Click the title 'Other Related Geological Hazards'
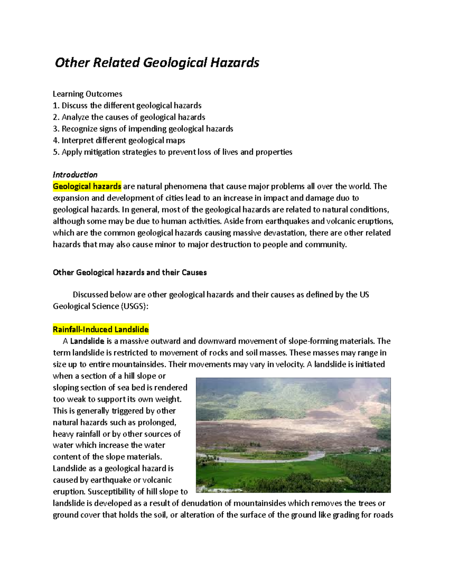click(157, 62)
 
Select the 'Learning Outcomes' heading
click(88, 94)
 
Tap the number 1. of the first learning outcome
click(56, 106)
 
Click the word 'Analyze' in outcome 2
click(75, 117)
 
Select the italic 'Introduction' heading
click(75, 175)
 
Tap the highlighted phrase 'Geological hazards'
click(87, 186)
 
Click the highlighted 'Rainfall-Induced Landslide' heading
click(101, 330)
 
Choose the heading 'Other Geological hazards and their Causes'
click(129, 272)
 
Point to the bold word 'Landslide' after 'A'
click(87, 341)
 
